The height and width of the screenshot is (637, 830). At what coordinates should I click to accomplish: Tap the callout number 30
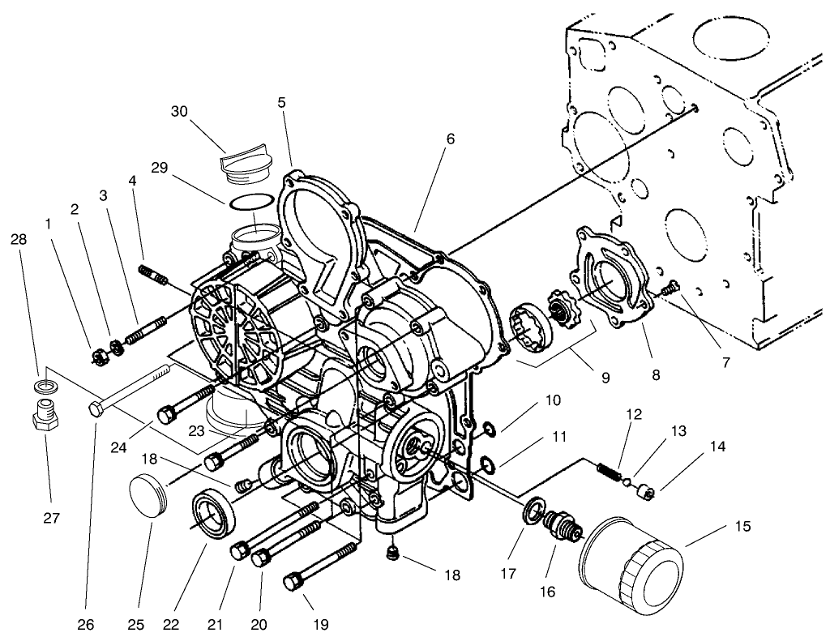pyautogui.click(x=181, y=111)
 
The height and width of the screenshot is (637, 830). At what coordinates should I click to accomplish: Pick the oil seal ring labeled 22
pyautogui.click(x=216, y=514)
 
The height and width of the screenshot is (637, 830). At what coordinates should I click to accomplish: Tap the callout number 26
pyautogui.click(x=85, y=624)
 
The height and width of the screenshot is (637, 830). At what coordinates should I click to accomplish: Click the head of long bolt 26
pyautogui.click(x=96, y=409)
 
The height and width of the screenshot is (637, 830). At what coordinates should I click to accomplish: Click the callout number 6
pyautogui.click(x=450, y=139)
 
